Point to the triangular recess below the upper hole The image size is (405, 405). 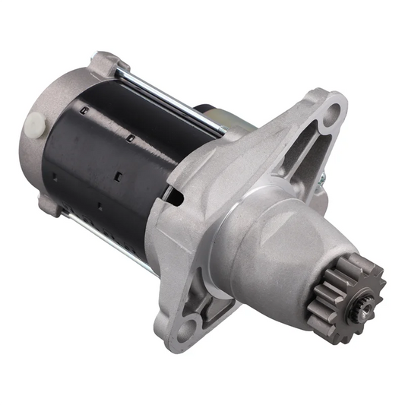tap(312, 152)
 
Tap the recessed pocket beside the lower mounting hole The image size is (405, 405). tap(220, 308)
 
